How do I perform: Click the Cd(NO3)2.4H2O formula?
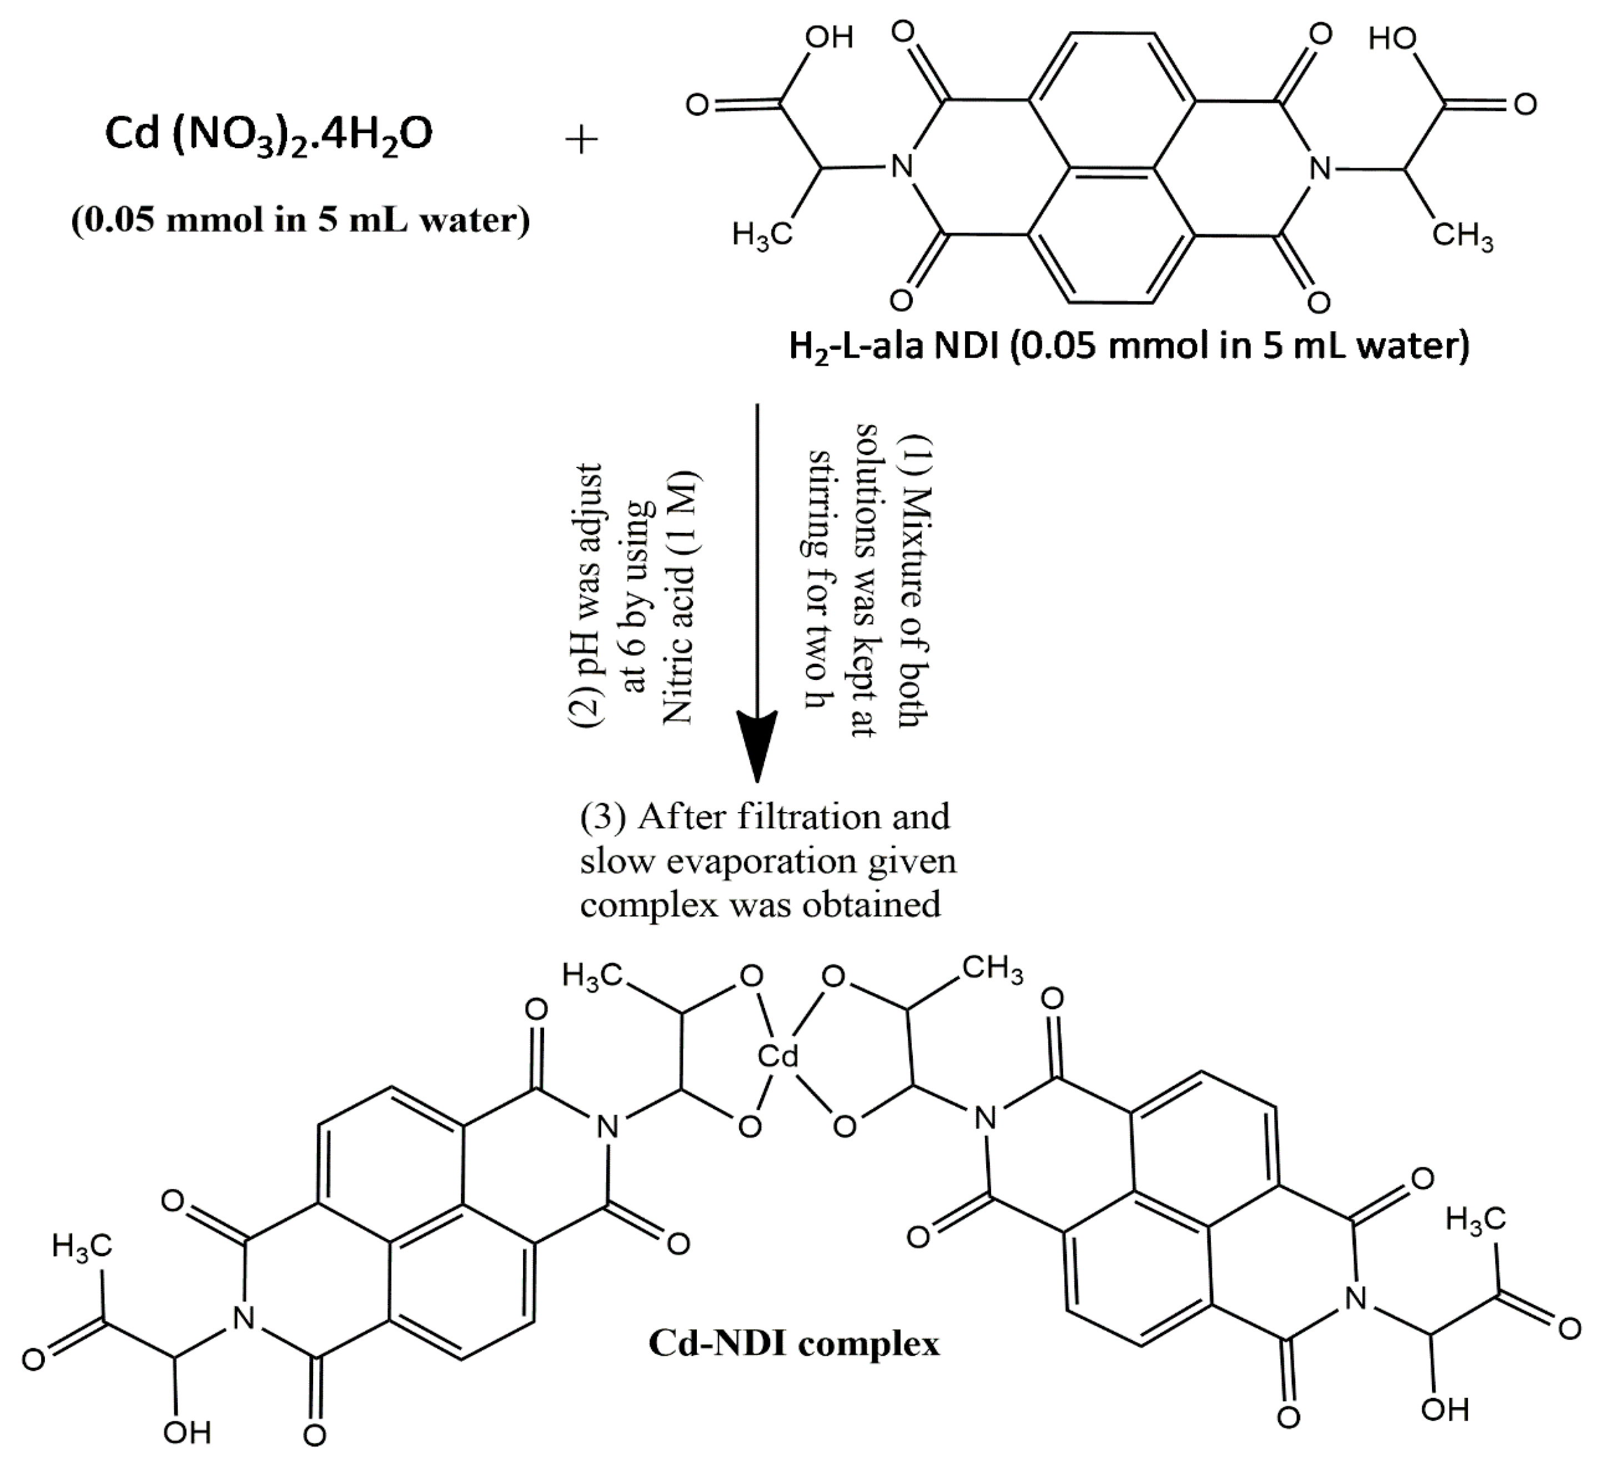tap(269, 134)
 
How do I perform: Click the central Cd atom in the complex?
tap(778, 1056)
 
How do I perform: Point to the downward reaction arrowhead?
tap(756, 743)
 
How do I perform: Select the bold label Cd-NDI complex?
tap(793, 1343)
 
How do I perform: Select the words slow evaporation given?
tap(768, 861)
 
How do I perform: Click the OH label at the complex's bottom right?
tap(1445, 1409)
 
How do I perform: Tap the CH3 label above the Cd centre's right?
tap(992, 969)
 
